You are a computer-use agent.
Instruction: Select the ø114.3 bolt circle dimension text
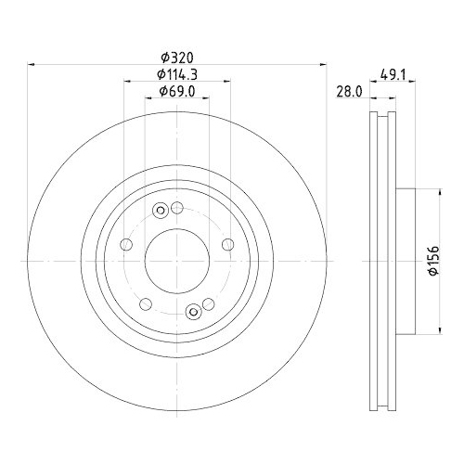(176, 73)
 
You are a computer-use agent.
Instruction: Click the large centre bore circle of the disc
(176, 262)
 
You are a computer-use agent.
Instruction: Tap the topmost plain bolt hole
(176, 210)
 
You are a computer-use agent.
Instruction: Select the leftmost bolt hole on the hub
(127, 245)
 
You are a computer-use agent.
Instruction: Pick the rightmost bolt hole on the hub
(226, 245)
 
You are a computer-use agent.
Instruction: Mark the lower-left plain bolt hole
(146, 303)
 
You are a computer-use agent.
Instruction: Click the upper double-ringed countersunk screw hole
(161, 210)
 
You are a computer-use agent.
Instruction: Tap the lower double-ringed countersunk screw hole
(192, 313)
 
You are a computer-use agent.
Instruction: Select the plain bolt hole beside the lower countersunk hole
(207, 303)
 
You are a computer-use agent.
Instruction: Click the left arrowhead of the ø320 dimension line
(32, 65)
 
